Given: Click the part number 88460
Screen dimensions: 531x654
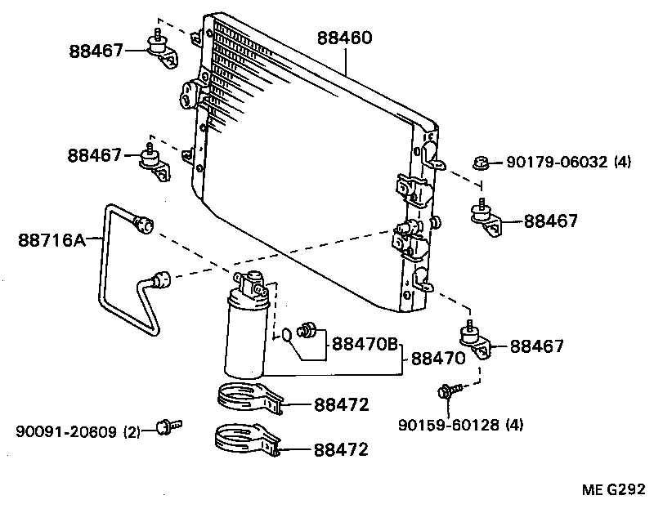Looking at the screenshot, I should click(345, 38).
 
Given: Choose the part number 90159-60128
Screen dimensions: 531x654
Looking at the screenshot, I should click(450, 424).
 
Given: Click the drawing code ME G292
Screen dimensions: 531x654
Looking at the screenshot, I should click(614, 490).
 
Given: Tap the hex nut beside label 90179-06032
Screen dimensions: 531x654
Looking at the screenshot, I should click(482, 163).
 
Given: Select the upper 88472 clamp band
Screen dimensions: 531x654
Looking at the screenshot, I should click(248, 398).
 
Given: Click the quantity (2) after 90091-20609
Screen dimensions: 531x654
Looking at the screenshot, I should click(132, 431).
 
